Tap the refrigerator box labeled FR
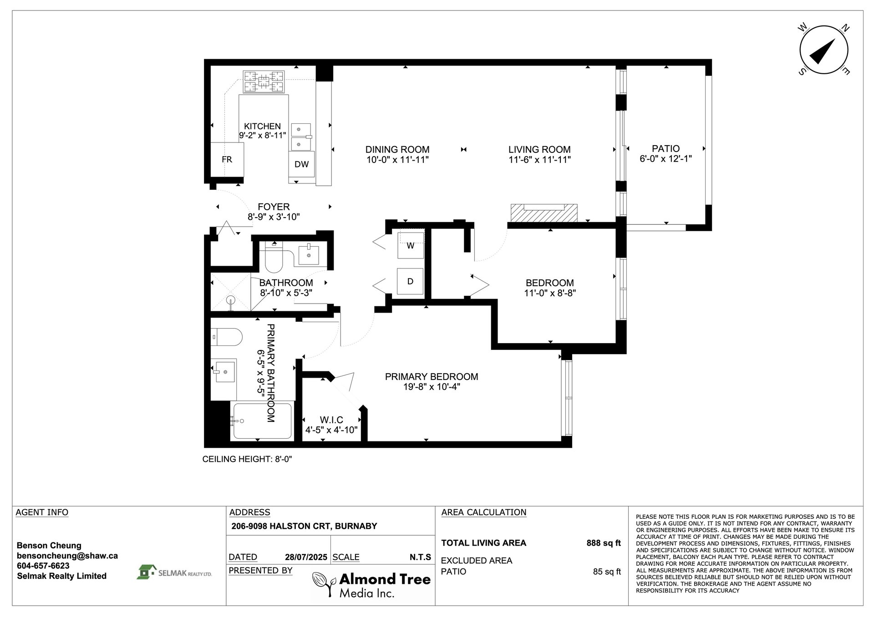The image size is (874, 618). click(x=227, y=159)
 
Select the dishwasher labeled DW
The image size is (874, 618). click(x=301, y=164)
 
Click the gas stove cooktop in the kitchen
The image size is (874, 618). click(x=264, y=82)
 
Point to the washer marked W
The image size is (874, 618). click(x=411, y=246)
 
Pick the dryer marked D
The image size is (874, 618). click(x=410, y=281)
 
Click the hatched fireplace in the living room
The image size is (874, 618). click(x=544, y=213)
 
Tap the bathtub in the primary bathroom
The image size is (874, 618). click(x=262, y=421)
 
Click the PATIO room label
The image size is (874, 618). click(x=666, y=148)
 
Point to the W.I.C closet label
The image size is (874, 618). click(x=331, y=420)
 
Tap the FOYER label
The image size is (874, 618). click(x=274, y=207)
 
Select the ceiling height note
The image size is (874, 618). click(x=247, y=459)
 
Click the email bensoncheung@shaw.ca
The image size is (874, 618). click(x=67, y=556)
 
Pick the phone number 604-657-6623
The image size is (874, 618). click(x=43, y=566)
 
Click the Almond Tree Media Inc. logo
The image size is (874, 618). click(x=371, y=585)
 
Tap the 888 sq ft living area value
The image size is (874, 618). click(x=604, y=543)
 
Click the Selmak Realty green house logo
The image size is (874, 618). click(x=145, y=572)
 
